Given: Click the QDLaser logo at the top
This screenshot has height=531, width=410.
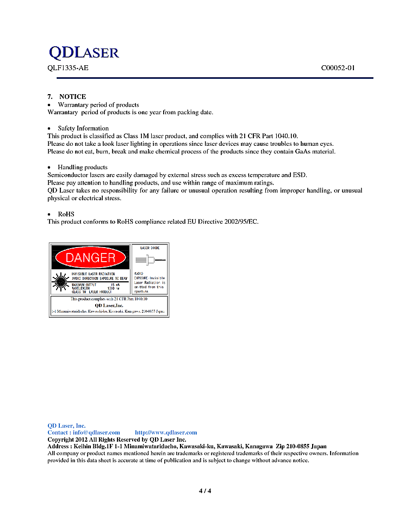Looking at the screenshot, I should click(x=84, y=52).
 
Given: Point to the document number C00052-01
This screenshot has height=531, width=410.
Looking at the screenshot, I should click(x=338, y=69).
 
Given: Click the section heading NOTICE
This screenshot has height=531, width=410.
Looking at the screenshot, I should click(x=72, y=96).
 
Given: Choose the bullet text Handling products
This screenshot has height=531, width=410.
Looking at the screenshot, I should click(x=82, y=167).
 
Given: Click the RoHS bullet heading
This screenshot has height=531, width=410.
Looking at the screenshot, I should click(x=66, y=214).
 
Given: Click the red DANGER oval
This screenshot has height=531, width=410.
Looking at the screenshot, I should click(x=90, y=258).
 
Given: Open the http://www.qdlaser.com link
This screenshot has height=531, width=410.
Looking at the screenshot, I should click(x=166, y=433).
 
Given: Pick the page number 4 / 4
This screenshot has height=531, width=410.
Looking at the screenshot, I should click(x=204, y=491).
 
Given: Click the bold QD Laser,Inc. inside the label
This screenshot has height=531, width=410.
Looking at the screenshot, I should click(x=109, y=306).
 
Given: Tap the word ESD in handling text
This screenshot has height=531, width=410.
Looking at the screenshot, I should click(x=300, y=175).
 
